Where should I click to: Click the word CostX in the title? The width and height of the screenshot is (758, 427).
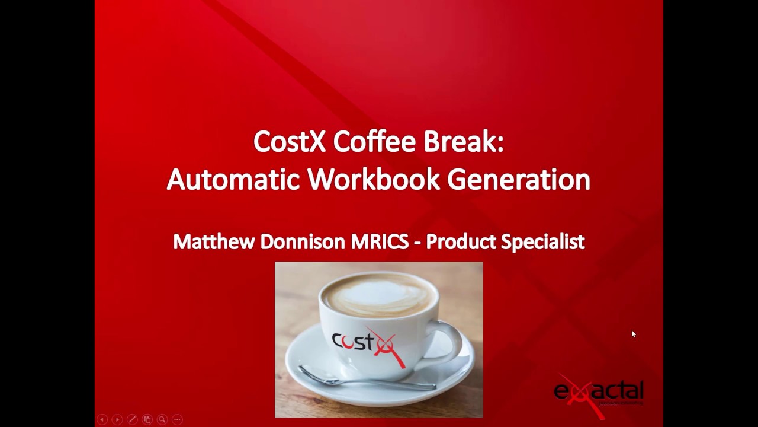(290, 142)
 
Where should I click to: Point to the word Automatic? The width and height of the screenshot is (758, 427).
(233, 180)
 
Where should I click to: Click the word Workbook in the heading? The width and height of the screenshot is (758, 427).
(373, 180)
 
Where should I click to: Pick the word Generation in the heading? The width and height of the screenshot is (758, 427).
(518, 180)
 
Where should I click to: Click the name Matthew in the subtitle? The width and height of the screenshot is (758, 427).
(213, 242)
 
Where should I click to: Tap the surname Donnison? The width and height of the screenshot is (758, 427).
(303, 242)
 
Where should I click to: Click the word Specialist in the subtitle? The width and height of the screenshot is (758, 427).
(543, 242)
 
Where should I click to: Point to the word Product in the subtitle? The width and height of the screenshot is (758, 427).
(461, 242)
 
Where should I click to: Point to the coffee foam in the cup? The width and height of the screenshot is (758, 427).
(379, 295)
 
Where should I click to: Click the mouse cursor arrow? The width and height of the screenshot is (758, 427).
(633, 334)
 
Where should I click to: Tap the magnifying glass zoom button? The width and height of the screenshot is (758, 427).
(162, 419)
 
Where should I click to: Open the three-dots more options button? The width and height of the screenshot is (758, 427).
(177, 419)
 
